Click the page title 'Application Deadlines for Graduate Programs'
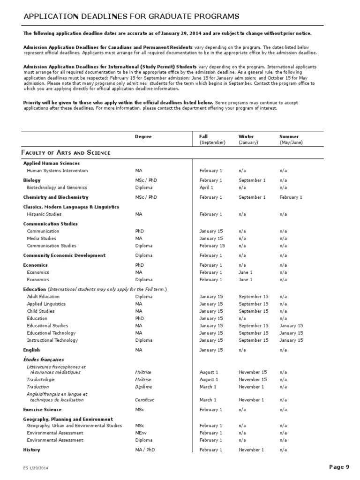[x=132, y=17]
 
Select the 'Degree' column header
[x=143, y=136]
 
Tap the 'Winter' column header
[x=246, y=136]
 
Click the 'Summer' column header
[x=289, y=136]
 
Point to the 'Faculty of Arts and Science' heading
[x=66, y=153]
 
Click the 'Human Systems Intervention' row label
[x=57, y=171]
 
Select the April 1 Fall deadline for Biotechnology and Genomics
[x=206, y=187]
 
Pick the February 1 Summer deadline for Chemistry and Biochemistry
[x=291, y=197]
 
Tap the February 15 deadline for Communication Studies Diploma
[x=212, y=246]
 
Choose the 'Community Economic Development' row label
[x=64, y=255]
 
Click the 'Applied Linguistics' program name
[x=46, y=304]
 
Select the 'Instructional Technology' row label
[x=52, y=340]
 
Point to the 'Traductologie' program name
[x=41, y=380]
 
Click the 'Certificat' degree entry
[x=144, y=400]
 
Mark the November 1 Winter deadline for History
[x=251, y=450]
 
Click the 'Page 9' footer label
[x=339, y=466]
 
